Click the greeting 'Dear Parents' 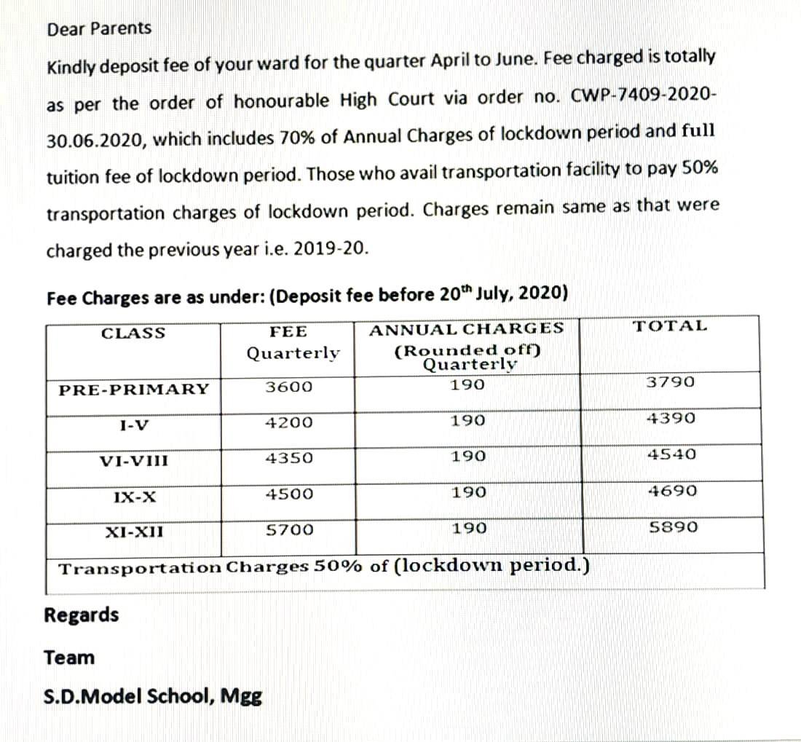(99, 29)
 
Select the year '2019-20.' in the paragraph (334, 250)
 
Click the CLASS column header (133, 333)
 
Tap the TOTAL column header (670, 325)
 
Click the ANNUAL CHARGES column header (467, 328)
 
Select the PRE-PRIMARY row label (133, 389)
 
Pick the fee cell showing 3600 (288, 387)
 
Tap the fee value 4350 (289, 459)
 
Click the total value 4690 (672, 491)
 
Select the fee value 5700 (289, 529)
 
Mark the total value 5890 (673, 526)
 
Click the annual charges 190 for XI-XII (467, 528)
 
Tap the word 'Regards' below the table (82, 615)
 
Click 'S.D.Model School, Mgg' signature (154, 696)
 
